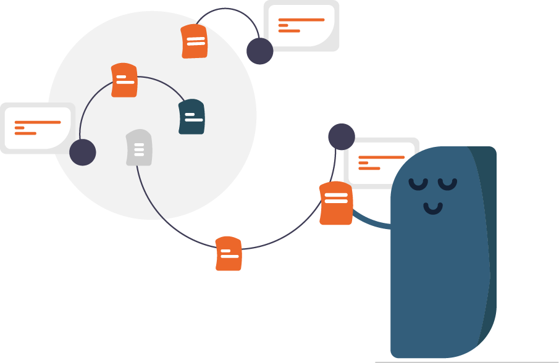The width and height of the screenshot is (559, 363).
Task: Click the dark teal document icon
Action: (191, 117)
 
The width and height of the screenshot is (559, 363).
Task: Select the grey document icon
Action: (139, 148)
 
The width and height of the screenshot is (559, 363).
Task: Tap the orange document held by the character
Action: (335, 204)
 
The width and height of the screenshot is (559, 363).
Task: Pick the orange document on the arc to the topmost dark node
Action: (195, 41)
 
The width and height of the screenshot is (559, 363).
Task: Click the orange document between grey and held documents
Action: (229, 253)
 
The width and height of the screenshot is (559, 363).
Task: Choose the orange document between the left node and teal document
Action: (124, 80)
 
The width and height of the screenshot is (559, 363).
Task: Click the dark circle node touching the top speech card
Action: (259, 51)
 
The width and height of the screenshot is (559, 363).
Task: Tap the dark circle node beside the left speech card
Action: (83, 152)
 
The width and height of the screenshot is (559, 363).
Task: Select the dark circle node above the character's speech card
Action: (341, 136)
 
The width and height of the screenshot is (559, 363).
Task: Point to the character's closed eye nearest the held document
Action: (418, 184)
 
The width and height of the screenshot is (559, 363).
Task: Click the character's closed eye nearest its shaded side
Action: (448, 184)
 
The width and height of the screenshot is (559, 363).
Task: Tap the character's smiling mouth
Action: (433, 209)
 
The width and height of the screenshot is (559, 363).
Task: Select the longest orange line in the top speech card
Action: (301, 20)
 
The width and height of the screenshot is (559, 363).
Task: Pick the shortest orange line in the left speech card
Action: (19, 128)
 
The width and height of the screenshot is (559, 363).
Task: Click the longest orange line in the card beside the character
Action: (381, 157)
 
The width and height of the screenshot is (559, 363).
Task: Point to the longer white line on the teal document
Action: (194, 120)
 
